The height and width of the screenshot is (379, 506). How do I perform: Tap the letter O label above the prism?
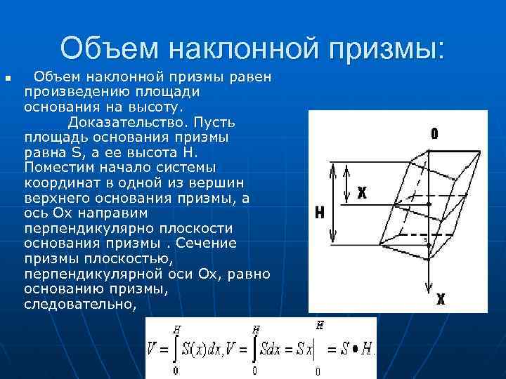click(435, 133)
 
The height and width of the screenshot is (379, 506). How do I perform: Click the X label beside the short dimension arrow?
click(363, 192)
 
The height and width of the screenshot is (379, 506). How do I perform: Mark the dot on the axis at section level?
click(429, 204)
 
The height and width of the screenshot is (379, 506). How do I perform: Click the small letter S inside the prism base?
click(425, 240)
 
